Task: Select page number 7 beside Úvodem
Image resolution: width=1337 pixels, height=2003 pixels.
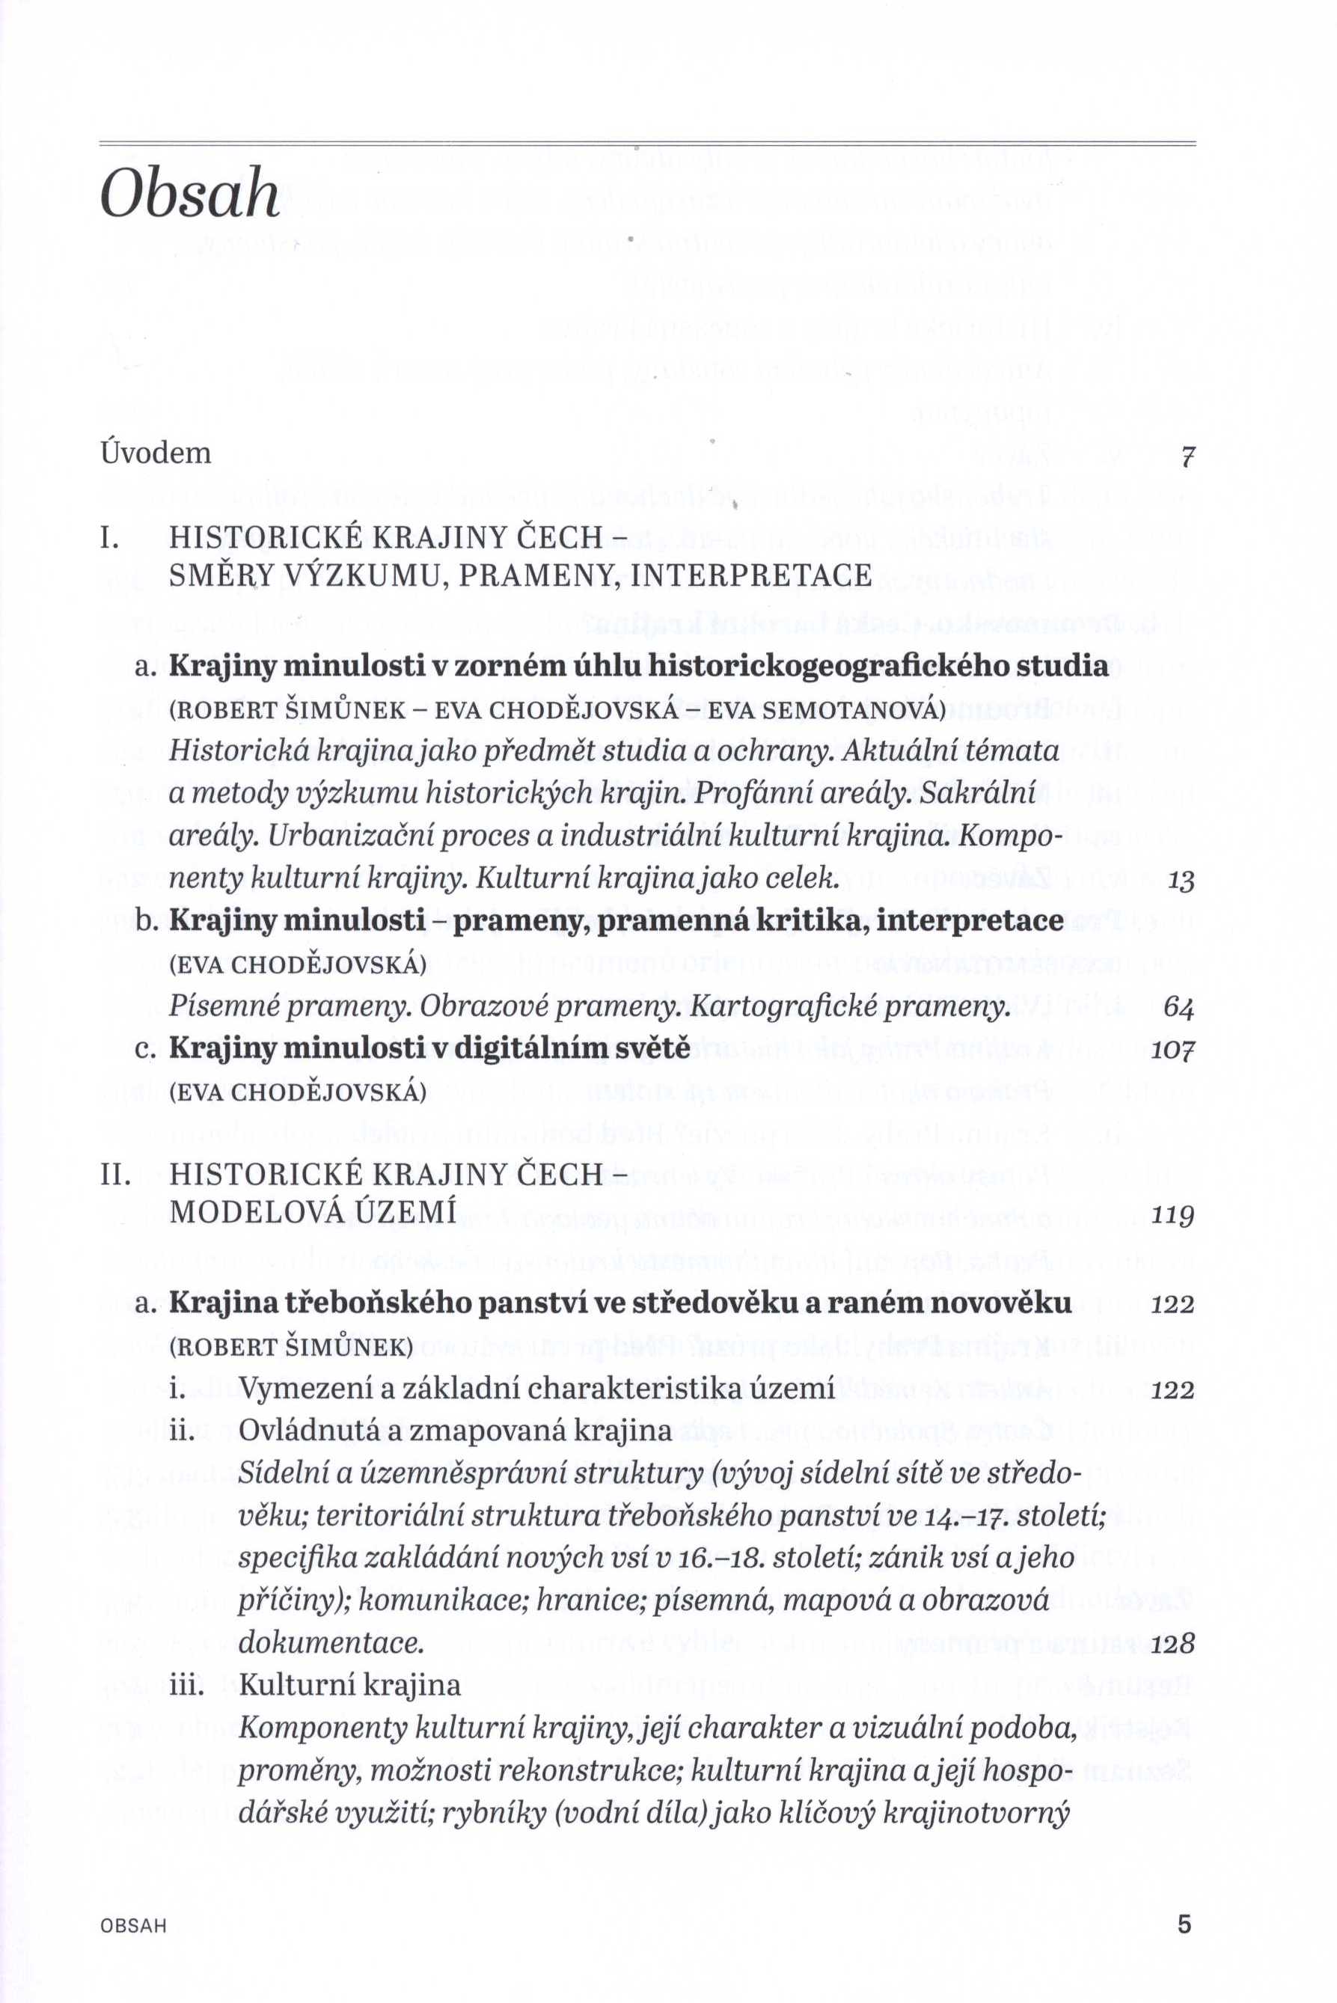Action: [1185, 457]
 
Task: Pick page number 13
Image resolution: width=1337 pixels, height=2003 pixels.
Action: [1181, 881]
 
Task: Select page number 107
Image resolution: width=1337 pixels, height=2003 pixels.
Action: [1172, 1050]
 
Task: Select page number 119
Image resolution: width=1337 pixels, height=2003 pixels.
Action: [1172, 1216]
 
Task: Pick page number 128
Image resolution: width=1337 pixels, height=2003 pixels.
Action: [1172, 1643]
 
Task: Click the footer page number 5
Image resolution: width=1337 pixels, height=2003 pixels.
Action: [1184, 1900]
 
